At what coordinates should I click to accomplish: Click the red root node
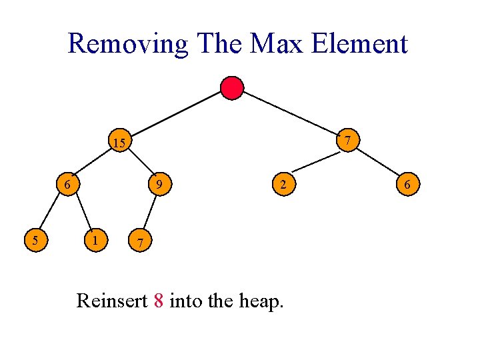tap(232, 87)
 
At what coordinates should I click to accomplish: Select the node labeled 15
tap(119, 142)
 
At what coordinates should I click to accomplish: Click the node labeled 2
tap(283, 184)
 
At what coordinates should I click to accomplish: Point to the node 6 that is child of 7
tap(406, 184)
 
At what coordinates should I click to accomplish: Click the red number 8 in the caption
tap(159, 301)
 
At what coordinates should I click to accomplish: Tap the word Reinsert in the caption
tap(112, 301)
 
